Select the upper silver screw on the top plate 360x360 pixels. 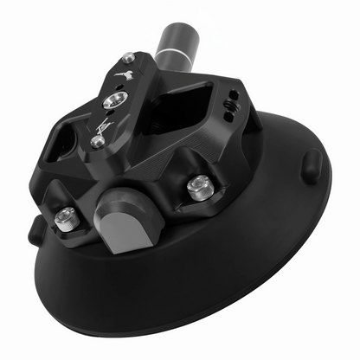click(129, 58)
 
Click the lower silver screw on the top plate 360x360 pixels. click(96, 141)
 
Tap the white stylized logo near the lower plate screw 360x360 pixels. click(101, 125)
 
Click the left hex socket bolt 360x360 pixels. click(64, 221)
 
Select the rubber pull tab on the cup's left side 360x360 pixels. click(35, 229)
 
